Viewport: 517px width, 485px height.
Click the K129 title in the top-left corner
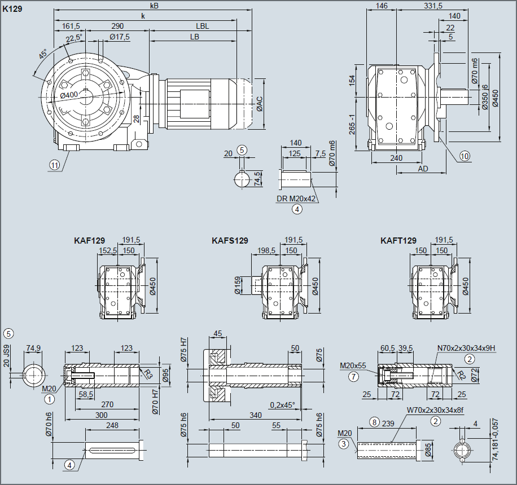click(x=12, y=9)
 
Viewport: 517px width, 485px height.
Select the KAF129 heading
click(x=89, y=241)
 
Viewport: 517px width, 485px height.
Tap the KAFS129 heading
click(x=230, y=241)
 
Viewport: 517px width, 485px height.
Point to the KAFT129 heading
click(x=398, y=241)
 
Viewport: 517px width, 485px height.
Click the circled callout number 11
click(x=54, y=165)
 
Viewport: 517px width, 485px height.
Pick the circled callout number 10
click(x=464, y=157)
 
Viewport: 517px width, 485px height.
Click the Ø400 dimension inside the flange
click(x=69, y=95)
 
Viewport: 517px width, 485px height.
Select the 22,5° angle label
click(x=74, y=38)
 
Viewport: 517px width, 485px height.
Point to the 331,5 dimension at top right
click(x=432, y=6)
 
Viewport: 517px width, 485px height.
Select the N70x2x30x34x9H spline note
click(x=466, y=348)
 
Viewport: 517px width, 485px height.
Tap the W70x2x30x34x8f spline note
click(x=435, y=410)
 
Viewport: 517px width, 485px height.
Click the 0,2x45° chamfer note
click(x=282, y=405)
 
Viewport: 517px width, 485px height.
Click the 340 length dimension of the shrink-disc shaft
click(x=255, y=415)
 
